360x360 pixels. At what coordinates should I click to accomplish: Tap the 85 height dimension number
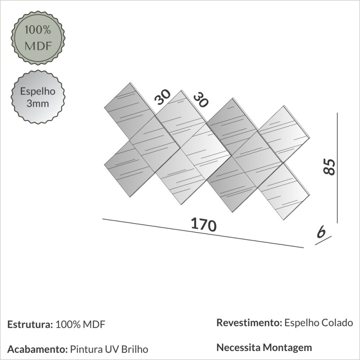tap(329, 167)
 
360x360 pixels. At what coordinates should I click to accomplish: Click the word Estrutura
tap(29, 324)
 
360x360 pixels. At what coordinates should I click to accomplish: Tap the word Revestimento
tap(249, 323)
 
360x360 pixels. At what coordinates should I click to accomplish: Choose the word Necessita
tap(239, 347)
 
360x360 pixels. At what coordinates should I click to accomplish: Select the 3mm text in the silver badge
tap(37, 103)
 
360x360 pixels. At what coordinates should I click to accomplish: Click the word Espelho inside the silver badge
tap(37, 91)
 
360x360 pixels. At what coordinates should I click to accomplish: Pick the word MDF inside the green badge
tap(37, 46)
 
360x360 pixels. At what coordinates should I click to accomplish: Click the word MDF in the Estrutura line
tap(95, 324)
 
